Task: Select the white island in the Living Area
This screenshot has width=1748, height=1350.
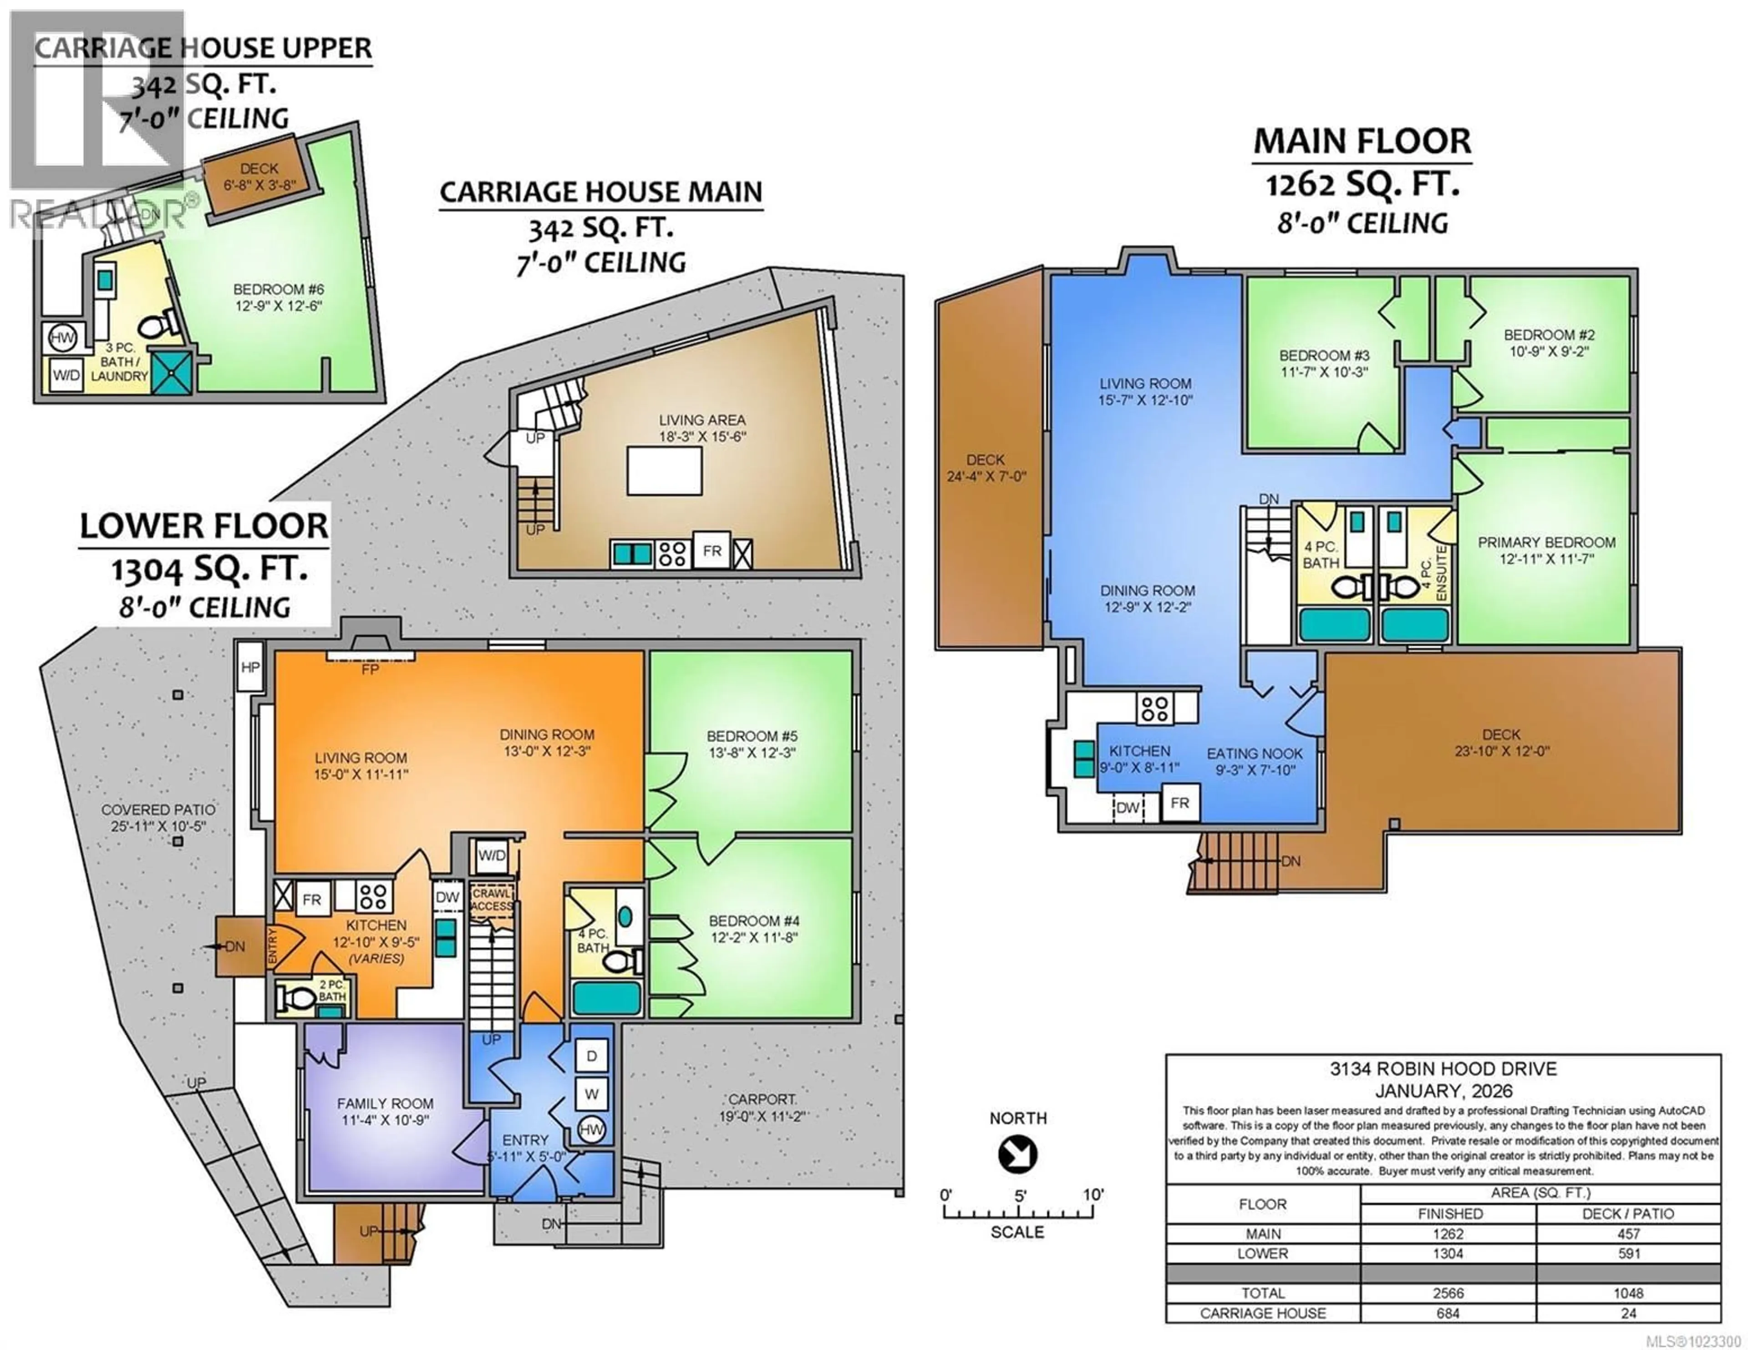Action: tap(664, 470)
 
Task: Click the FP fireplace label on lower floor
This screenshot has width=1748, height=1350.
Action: tap(370, 669)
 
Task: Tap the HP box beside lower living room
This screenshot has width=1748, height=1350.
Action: tap(250, 667)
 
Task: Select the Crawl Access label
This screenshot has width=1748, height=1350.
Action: tap(492, 900)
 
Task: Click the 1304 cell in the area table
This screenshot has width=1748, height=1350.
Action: tap(1448, 1253)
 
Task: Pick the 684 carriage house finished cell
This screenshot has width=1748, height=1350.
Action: tap(1448, 1313)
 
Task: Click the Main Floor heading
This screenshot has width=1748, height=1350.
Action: tap(1362, 141)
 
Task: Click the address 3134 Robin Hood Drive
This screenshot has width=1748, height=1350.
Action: tap(1443, 1068)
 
